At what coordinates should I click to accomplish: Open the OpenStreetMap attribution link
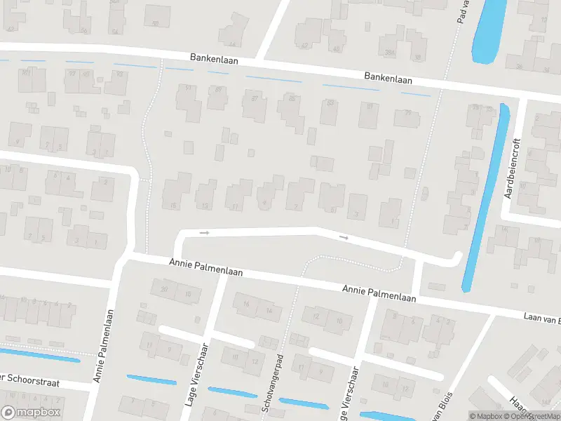(x=536, y=416)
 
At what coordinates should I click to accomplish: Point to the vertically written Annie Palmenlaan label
(x=102, y=347)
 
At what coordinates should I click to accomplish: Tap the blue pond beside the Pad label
(x=489, y=32)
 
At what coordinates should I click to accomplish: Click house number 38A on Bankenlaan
(x=390, y=53)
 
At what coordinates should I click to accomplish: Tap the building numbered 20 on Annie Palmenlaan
(x=165, y=289)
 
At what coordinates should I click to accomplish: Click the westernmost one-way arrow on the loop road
(x=205, y=232)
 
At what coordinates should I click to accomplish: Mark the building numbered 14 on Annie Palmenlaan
(x=269, y=309)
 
